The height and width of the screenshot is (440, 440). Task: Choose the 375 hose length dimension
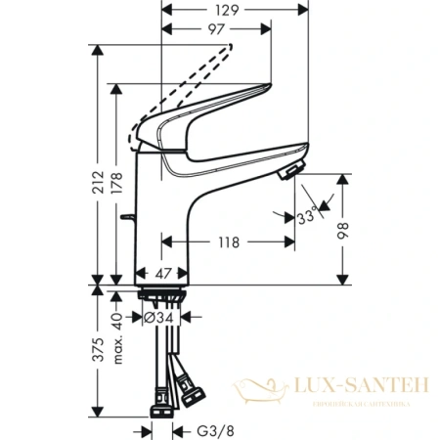tap(99, 352)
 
